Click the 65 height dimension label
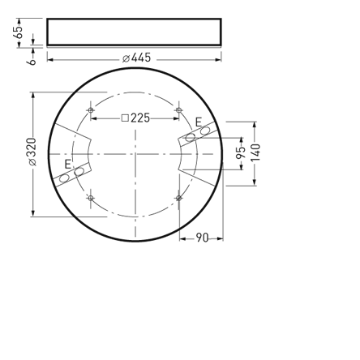(x=18, y=32)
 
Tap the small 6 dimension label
(x=32, y=58)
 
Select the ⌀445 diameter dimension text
(x=136, y=58)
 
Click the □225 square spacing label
(x=135, y=118)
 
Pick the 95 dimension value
(x=241, y=153)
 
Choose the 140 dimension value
(x=255, y=152)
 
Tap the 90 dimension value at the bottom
(x=202, y=238)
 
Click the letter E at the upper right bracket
(x=198, y=122)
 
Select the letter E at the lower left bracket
(x=68, y=164)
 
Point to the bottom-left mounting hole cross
(x=90, y=197)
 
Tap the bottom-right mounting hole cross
(x=178, y=197)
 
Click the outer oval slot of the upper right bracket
(x=205, y=131)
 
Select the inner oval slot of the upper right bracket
(x=191, y=137)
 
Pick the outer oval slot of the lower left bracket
(x=64, y=178)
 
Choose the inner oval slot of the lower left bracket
(x=79, y=171)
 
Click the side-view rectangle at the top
(x=134, y=32)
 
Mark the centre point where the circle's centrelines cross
(x=135, y=154)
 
